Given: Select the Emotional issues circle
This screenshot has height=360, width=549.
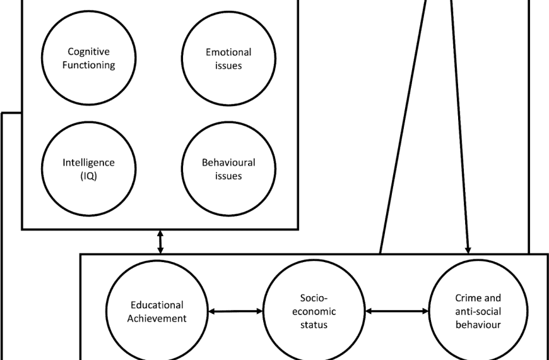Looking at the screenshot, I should click(x=228, y=57).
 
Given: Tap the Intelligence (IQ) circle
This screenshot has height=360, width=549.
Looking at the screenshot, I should click(x=88, y=169).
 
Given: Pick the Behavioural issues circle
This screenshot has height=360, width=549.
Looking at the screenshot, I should click(x=228, y=169).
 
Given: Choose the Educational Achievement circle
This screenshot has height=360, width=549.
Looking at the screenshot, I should click(x=156, y=311).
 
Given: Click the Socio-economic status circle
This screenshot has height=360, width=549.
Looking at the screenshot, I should click(x=314, y=311).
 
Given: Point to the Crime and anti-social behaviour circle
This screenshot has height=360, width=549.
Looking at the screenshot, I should click(x=478, y=311).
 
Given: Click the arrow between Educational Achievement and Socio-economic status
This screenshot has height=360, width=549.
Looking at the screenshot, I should click(x=235, y=311).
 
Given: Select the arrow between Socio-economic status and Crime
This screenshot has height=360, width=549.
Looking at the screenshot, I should click(x=397, y=311).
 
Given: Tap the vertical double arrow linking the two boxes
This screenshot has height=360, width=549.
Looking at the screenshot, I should click(x=160, y=241).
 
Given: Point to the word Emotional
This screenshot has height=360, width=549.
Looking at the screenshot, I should click(x=228, y=52).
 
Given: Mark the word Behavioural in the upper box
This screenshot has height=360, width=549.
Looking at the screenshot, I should click(x=228, y=162).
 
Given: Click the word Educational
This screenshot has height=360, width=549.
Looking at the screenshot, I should click(x=156, y=305).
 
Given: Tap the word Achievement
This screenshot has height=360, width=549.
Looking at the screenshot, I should click(x=156, y=318).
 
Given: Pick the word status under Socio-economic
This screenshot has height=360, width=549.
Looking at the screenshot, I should click(x=314, y=325).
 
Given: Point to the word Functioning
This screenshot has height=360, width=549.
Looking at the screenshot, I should click(x=92, y=64).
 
